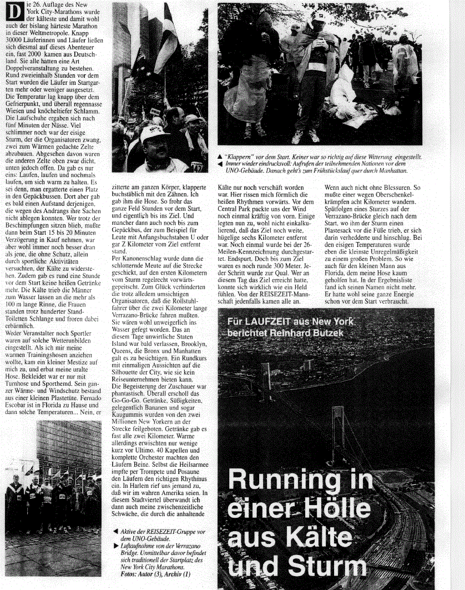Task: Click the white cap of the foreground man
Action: [153, 133]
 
